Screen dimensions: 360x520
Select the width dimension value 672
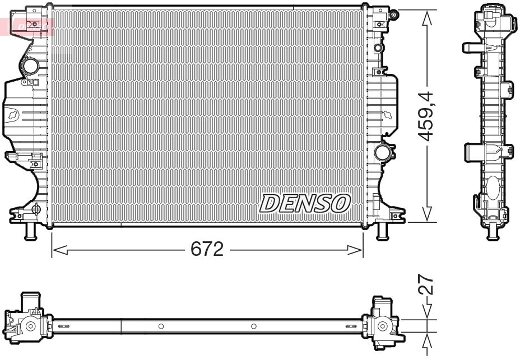[x=207, y=249]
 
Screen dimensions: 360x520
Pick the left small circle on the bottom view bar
[x=160, y=326]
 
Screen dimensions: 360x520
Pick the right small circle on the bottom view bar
[x=253, y=326]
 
